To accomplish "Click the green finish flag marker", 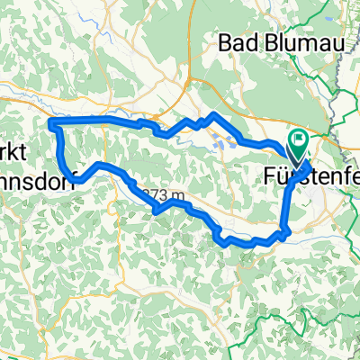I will click(x=297, y=142).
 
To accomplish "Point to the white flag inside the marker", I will click(x=297, y=140).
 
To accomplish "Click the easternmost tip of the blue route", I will click(x=310, y=167).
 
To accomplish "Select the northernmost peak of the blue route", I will click(x=211, y=114).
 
